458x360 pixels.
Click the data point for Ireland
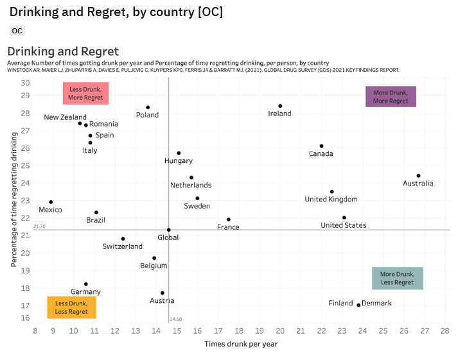click(x=280, y=106)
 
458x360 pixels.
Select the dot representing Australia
click(x=418, y=175)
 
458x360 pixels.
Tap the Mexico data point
click(x=51, y=202)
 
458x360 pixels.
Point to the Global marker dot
click(x=169, y=230)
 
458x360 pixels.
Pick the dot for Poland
click(x=148, y=107)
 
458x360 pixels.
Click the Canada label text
click(x=321, y=154)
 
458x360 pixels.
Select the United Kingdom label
click(x=331, y=200)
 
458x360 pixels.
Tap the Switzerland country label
click(x=123, y=246)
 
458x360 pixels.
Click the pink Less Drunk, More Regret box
click(x=86, y=94)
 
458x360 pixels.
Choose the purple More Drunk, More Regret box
click(x=391, y=96)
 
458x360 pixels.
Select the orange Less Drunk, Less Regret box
click(x=71, y=307)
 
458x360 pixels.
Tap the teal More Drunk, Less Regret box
click(x=397, y=278)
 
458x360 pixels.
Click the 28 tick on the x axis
click(x=445, y=330)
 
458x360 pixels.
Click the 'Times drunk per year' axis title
click(x=241, y=344)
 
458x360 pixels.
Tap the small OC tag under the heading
click(x=17, y=31)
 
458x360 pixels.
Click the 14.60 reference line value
click(x=176, y=319)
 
